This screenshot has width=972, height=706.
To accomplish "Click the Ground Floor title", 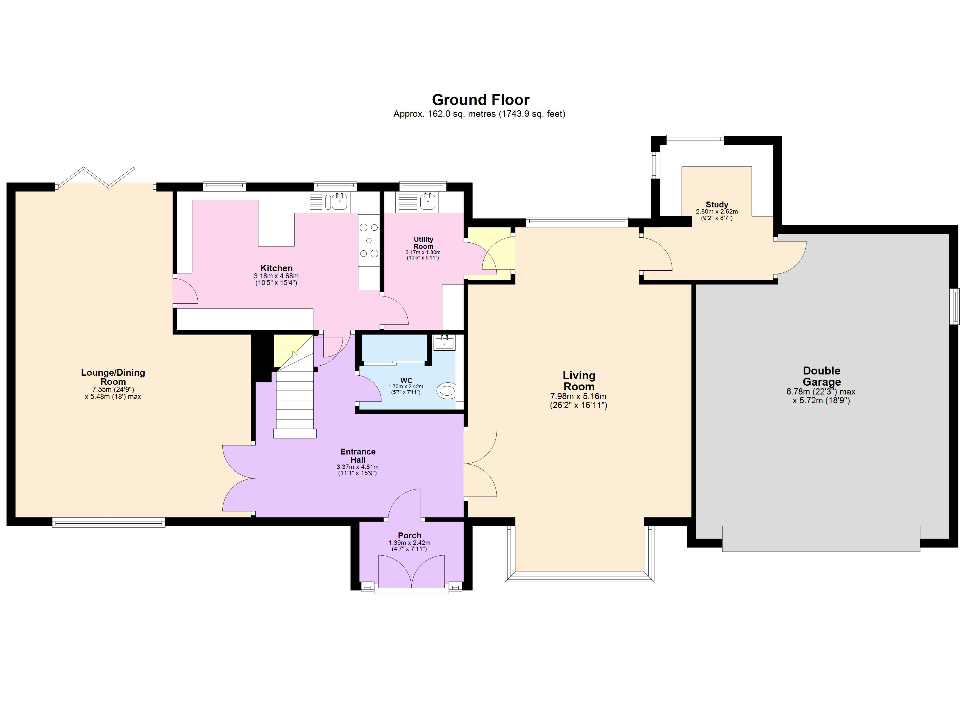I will (480, 100).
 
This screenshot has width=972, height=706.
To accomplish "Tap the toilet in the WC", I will (446, 390).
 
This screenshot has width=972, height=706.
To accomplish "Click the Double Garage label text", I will (821, 376).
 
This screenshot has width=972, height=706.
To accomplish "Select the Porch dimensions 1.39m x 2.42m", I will (409, 543).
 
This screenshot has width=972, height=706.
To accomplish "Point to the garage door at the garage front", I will (821, 538).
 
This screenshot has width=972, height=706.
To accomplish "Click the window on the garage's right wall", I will (955, 306).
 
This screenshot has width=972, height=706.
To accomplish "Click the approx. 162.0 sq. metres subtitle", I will (479, 114).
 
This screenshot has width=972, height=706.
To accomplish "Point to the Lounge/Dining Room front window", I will (108, 522).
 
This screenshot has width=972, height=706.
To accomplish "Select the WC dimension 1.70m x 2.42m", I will (405, 387).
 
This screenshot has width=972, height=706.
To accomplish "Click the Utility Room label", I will (424, 243).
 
